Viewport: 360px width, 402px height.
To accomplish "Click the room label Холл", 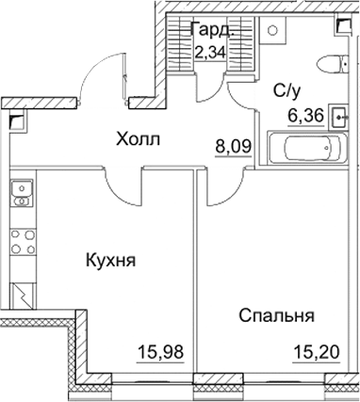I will click(x=138, y=139).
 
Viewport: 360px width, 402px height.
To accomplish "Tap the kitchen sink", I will click(x=18, y=195).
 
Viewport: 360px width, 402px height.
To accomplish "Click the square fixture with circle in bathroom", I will click(x=271, y=31).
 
